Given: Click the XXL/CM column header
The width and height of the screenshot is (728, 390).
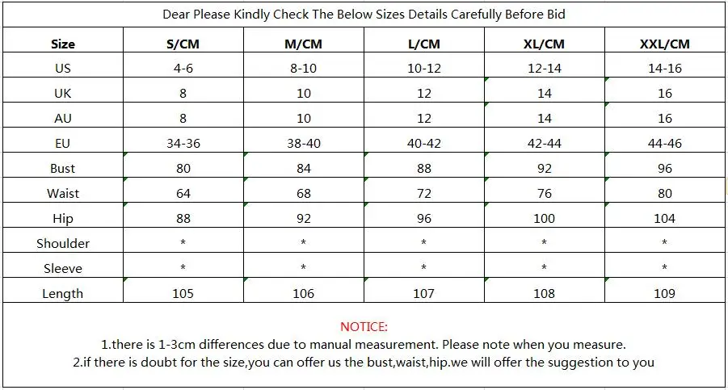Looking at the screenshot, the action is tap(664, 44).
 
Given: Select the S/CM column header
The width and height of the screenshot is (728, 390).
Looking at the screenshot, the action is tap(183, 44).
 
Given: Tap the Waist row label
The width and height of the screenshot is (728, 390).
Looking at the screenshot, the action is tap(63, 193).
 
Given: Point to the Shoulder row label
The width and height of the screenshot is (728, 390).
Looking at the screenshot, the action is tap(63, 244).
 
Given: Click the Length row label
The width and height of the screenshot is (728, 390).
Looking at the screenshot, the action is tap(63, 294).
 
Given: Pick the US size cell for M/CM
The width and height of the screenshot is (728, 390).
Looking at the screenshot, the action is tap(303, 68).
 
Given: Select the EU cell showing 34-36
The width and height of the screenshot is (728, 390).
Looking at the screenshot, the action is tap(183, 143).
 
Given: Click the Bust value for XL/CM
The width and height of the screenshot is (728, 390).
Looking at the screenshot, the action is tap(544, 168).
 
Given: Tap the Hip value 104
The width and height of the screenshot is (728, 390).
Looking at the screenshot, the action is tap(664, 219).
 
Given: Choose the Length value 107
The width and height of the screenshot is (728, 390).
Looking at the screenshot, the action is tap(423, 294).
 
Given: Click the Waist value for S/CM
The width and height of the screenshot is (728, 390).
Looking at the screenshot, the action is tap(183, 193).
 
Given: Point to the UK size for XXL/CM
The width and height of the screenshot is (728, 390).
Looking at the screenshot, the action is tap(664, 93).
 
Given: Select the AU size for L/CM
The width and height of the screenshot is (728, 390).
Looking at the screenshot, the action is tap(423, 118).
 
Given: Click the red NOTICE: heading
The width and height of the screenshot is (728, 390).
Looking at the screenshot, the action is tap(364, 327).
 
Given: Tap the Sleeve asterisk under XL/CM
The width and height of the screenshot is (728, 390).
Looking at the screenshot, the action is tap(544, 267).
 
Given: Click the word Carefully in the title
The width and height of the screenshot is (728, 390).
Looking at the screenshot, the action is tap(477, 15).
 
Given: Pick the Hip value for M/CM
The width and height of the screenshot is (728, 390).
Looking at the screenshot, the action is tap(303, 219).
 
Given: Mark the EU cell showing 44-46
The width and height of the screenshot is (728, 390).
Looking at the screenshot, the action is tap(664, 143).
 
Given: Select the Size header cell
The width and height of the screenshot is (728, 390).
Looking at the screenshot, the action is tap(63, 44).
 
